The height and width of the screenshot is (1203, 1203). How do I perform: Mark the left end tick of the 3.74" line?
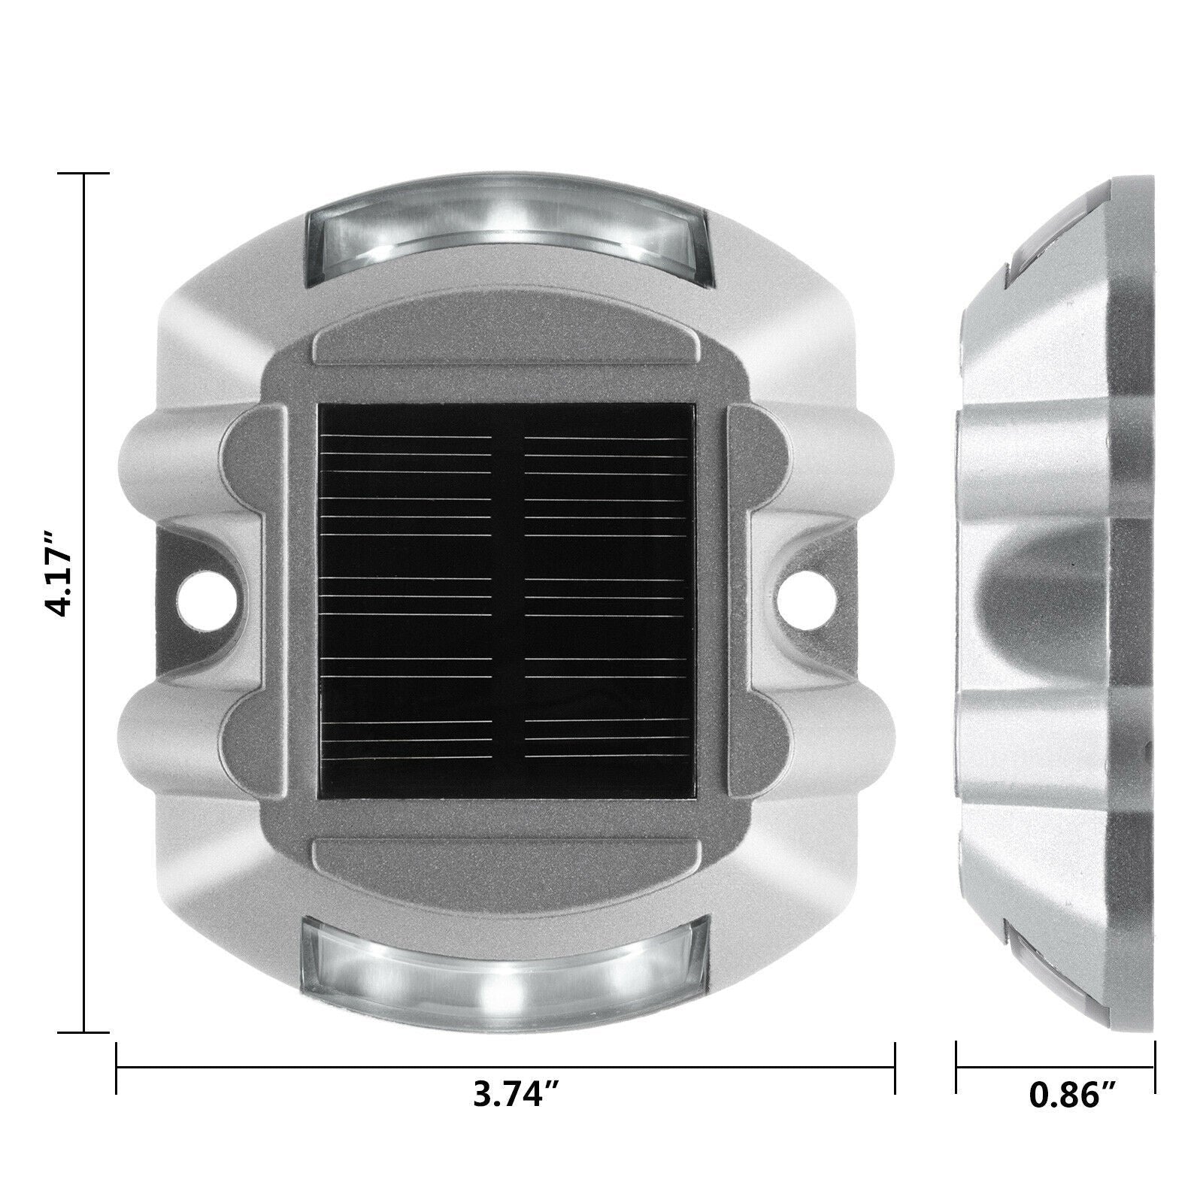[117, 1068]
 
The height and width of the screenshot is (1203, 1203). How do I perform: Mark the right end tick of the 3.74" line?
[895, 1068]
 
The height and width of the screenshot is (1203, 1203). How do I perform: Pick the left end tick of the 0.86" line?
[957, 1068]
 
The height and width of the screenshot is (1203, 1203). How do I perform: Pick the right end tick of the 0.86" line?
[1155, 1068]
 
